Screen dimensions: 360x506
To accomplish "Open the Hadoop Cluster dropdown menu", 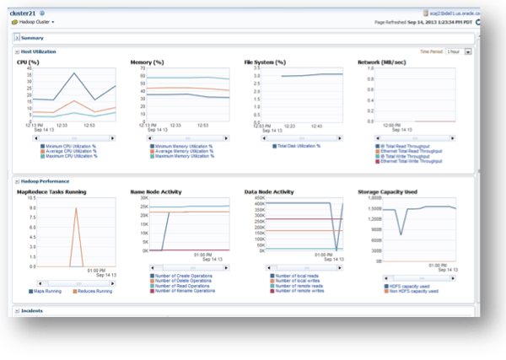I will [x=33, y=22].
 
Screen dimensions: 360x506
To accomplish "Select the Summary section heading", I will [x=33, y=38].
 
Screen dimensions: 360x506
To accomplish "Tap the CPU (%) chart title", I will [x=29, y=62].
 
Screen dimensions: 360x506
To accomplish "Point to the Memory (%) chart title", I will [x=146, y=62].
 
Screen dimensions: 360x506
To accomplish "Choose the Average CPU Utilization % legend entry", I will [x=72, y=150].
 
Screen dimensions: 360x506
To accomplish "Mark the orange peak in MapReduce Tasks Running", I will [x=77, y=208].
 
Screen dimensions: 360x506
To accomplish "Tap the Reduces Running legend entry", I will [x=94, y=291].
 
